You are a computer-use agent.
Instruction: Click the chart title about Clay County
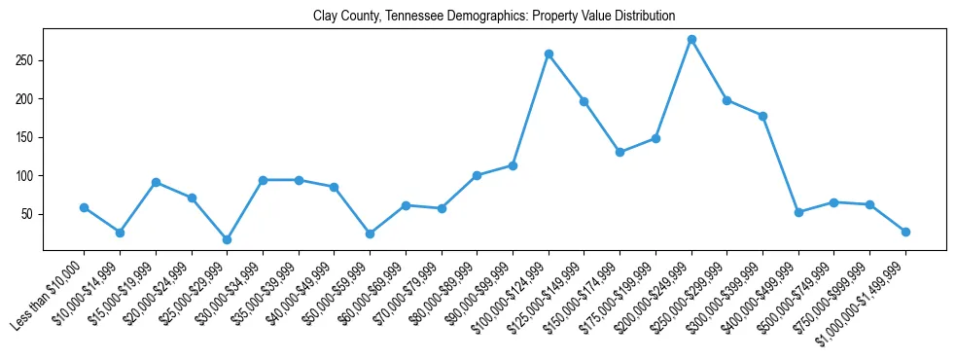(x=494, y=17)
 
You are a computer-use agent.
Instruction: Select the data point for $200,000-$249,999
(x=691, y=40)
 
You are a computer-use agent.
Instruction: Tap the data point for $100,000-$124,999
(x=549, y=54)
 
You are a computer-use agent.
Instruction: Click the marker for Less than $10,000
(x=84, y=207)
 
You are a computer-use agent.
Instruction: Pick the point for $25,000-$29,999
(x=227, y=239)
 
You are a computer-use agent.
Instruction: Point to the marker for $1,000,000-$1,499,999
(x=905, y=232)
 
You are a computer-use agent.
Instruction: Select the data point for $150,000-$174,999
(x=620, y=152)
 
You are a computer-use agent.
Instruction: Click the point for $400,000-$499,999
(x=798, y=212)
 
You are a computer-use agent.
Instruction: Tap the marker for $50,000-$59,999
(x=370, y=234)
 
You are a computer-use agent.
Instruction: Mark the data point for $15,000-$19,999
(x=156, y=182)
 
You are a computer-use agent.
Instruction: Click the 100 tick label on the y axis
(x=27, y=176)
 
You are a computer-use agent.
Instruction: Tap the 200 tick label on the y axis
(x=27, y=99)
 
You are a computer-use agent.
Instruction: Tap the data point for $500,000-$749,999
(x=833, y=202)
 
